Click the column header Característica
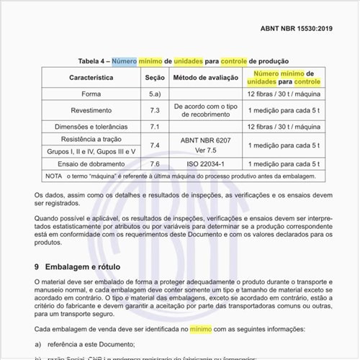pyautogui.click(x=91, y=77)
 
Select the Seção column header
pyautogui.click(x=155, y=77)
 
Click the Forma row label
pyautogui.click(x=91, y=94)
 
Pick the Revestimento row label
pyautogui.click(x=91, y=110)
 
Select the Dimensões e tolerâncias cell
pyautogui.click(x=91, y=127)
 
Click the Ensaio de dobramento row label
pyautogui.click(x=91, y=164)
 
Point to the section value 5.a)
pyautogui.click(x=155, y=94)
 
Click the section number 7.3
pyautogui.click(x=155, y=110)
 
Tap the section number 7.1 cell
pyautogui.click(x=155, y=127)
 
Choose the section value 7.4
pyautogui.click(x=155, y=145)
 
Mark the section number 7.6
pyautogui.click(x=155, y=164)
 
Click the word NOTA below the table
pyautogui.click(x=53, y=176)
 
